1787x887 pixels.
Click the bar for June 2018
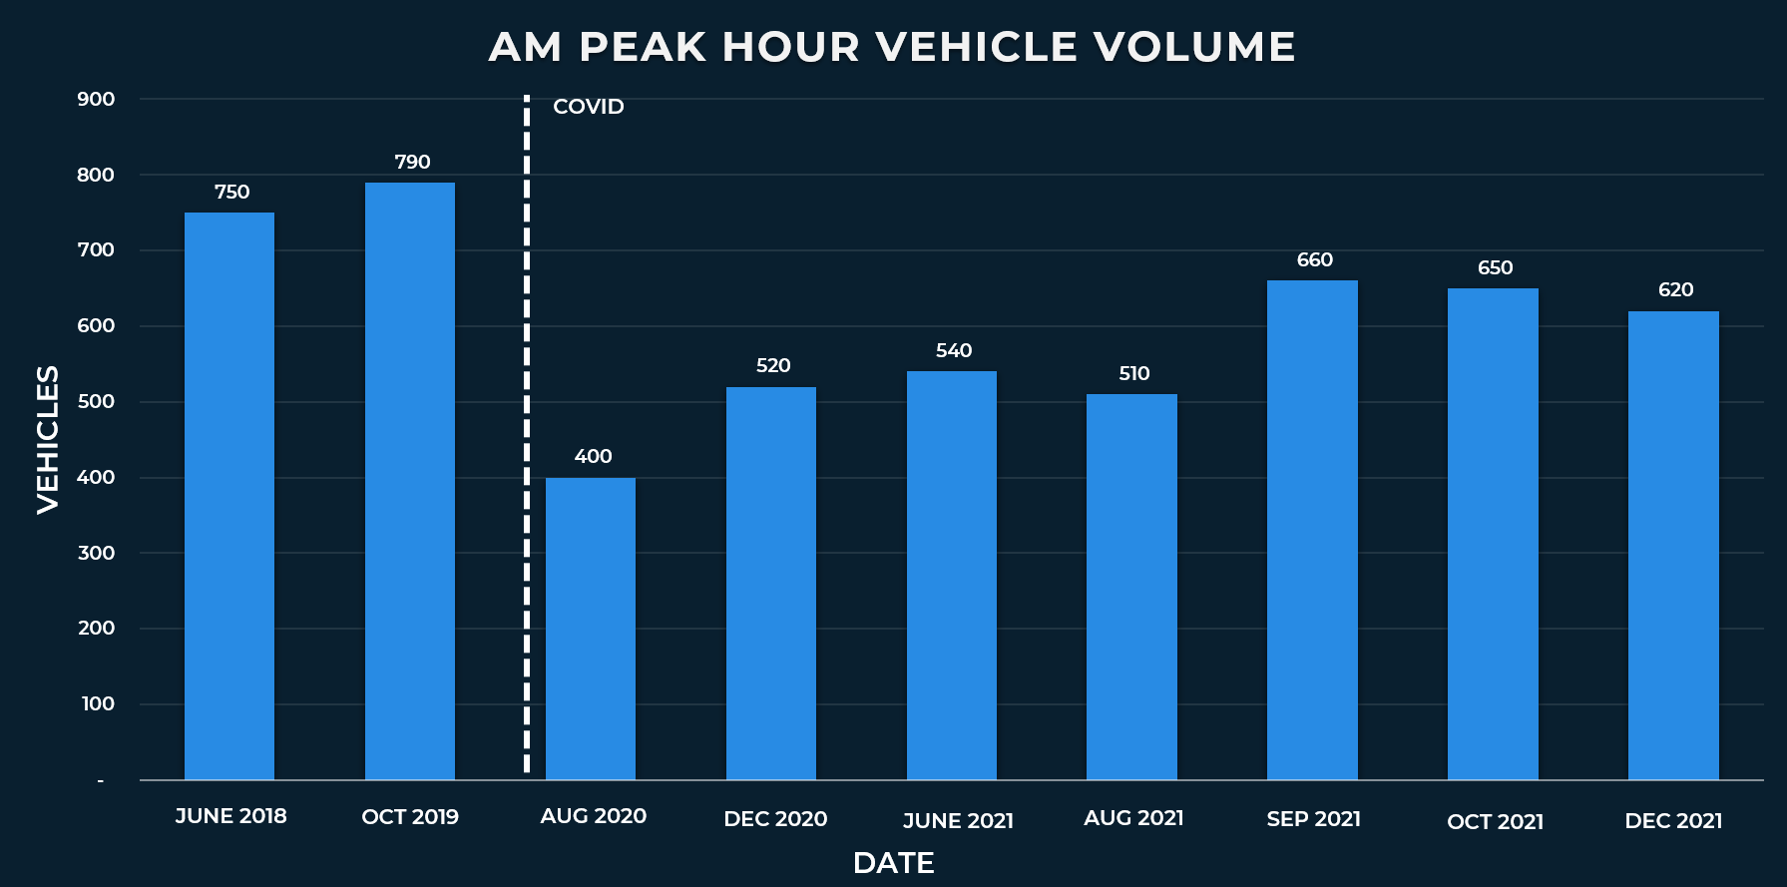pos(229,496)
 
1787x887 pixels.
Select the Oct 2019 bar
pos(410,481)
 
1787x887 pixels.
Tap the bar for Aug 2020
pos(591,629)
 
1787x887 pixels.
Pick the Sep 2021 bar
pos(1312,530)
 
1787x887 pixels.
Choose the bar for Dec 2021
pos(1673,546)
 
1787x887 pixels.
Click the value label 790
pos(412,162)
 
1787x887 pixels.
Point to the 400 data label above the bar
pos(593,456)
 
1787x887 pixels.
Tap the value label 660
pos(1314,259)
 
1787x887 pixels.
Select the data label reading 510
pos(1133,373)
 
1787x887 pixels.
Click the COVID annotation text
pos(589,107)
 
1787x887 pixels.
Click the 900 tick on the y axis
pos(96,99)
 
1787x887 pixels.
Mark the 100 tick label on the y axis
pos(98,703)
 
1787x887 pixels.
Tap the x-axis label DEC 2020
pos(775,819)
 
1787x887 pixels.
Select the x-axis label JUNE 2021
pos(958,821)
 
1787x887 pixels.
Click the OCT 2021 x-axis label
pos(1495,822)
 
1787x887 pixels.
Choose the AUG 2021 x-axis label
pos(1133,818)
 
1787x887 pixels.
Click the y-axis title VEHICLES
pos(48,439)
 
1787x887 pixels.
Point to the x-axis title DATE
pos(893,863)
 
